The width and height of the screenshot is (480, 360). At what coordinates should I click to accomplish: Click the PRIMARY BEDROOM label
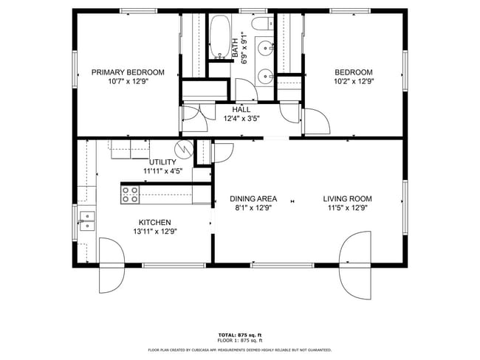click(128, 72)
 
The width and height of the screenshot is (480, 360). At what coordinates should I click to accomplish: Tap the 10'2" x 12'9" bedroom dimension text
click(354, 82)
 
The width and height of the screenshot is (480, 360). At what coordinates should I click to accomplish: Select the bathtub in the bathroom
click(219, 37)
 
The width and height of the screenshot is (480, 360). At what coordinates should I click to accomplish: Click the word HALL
click(241, 109)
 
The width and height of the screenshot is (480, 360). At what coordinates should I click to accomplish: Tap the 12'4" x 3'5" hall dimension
click(241, 119)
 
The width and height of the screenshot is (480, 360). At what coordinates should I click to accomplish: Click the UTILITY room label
click(162, 162)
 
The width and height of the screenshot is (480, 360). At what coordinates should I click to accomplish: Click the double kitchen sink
click(87, 220)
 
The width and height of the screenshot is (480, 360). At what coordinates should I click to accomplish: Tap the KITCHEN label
click(155, 222)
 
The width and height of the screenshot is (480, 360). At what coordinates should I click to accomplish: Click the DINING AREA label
click(253, 198)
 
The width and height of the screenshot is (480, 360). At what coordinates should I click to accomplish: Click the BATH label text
click(236, 48)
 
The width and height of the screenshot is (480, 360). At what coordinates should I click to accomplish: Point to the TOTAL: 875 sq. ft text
click(239, 335)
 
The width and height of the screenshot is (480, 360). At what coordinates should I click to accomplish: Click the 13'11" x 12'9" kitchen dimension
click(155, 232)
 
